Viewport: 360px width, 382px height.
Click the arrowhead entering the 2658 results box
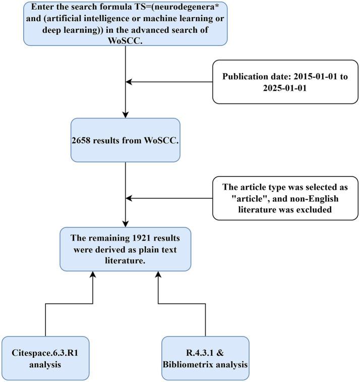coord(125,115)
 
